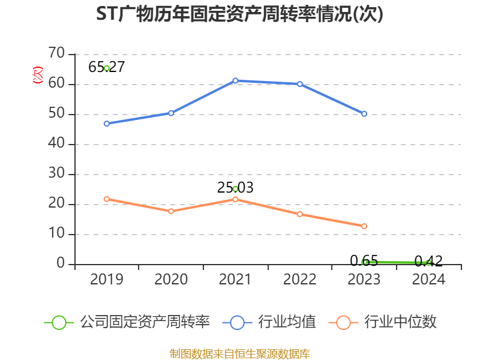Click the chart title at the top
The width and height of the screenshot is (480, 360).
(239, 14)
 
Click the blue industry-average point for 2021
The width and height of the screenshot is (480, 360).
(235, 80)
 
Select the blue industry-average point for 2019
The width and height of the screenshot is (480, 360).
(107, 124)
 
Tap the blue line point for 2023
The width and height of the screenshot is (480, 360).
(364, 113)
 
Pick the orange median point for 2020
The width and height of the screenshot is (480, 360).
(171, 211)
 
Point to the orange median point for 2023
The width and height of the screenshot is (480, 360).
(364, 226)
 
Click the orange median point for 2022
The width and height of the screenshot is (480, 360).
(300, 214)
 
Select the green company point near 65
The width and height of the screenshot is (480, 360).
(107, 68)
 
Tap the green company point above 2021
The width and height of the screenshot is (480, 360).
(235, 189)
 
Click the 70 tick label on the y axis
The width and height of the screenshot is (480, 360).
(56, 54)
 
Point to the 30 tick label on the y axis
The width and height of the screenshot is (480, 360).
(56, 174)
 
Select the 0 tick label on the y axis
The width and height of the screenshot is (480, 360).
(61, 264)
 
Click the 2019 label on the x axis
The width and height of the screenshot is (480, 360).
(107, 280)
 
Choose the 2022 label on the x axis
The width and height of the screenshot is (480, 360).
(299, 280)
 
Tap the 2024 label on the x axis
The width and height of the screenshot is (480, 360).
(428, 280)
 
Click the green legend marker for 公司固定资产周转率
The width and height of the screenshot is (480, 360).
(59, 322)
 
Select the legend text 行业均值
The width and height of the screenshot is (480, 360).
(287, 322)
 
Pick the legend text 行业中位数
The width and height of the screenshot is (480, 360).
(401, 322)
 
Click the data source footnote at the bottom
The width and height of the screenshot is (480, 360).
(239, 353)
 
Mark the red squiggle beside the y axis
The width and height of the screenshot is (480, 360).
(38, 76)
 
